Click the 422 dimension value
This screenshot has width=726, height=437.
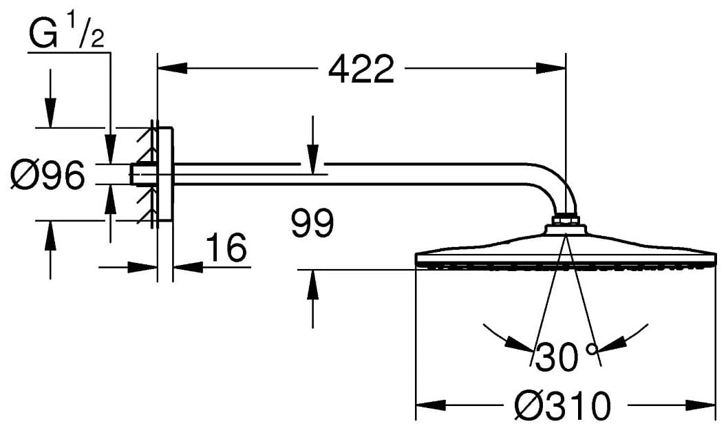(x=361, y=69)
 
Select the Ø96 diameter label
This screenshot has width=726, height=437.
(x=47, y=175)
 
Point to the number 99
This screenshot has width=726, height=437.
(x=312, y=224)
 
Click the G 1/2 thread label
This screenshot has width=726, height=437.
(x=67, y=36)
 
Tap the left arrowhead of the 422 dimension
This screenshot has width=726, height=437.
(x=172, y=69)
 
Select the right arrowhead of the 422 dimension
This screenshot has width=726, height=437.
(x=551, y=69)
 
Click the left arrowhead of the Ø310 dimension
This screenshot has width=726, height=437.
(x=431, y=405)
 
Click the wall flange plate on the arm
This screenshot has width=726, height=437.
(x=164, y=175)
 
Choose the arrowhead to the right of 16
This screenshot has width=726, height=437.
(x=186, y=266)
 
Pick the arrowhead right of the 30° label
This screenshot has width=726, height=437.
(x=612, y=339)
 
